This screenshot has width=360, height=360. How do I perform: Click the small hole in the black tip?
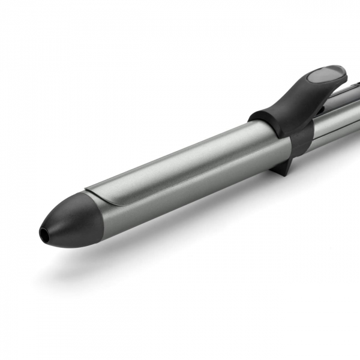coord(44,231)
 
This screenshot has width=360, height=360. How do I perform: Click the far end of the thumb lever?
coord(342,72)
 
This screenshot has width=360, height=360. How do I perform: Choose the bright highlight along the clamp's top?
coord(180,146)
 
